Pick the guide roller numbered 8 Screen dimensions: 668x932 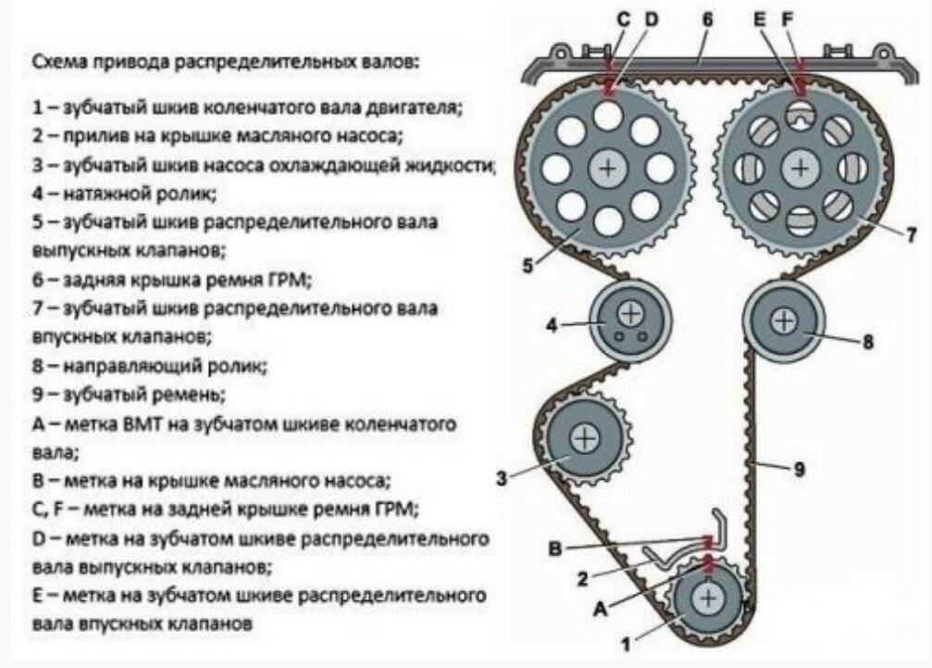(784, 321)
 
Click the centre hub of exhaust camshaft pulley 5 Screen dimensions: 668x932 (608, 168)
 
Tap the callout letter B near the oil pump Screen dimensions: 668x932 (555, 548)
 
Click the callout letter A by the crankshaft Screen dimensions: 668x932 (600, 609)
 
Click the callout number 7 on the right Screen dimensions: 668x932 (912, 233)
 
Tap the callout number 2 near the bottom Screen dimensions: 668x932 (583, 579)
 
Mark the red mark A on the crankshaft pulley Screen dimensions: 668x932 (709, 562)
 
